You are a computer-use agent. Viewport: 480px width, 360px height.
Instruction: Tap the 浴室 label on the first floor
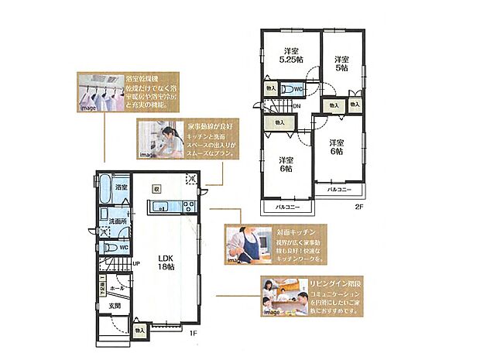(x=121, y=188)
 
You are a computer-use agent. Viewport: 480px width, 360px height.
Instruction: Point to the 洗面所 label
(x=118, y=221)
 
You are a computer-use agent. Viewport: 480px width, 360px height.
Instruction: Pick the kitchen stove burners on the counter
(x=187, y=206)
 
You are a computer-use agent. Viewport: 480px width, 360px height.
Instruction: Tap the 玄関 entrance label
(x=114, y=305)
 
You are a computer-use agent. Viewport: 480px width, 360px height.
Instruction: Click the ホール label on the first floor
(x=117, y=286)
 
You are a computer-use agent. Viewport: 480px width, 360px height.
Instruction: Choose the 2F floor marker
(x=358, y=207)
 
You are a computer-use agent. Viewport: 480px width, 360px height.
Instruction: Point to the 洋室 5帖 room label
(x=341, y=63)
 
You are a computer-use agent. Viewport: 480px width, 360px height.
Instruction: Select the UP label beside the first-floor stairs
(x=136, y=263)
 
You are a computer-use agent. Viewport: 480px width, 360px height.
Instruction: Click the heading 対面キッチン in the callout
(x=293, y=231)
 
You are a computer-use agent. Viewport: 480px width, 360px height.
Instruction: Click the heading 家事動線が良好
(x=209, y=124)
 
